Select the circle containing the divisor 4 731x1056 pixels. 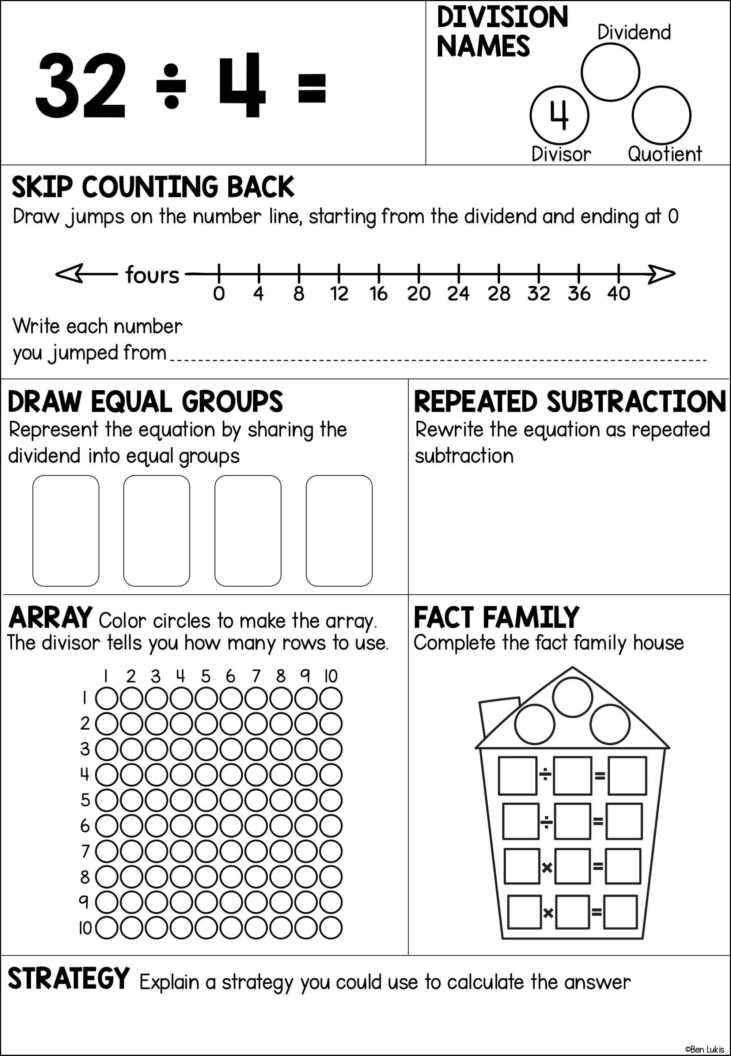click(559, 116)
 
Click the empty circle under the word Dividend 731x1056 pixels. click(610, 72)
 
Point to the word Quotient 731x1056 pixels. click(664, 154)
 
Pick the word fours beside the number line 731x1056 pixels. click(152, 275)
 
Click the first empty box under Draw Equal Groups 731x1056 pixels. click(66, 530)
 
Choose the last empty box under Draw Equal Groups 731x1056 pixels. click(339, 530)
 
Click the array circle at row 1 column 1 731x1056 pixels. click(107, 699)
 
